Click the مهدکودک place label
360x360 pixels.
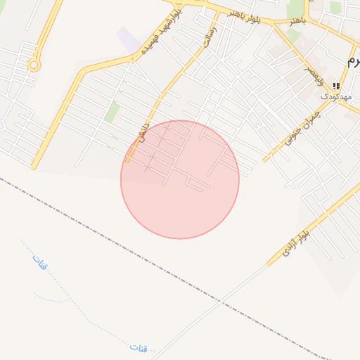coord(335,95)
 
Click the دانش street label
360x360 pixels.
coord(145,132)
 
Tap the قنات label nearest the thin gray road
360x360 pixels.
coord(139,347)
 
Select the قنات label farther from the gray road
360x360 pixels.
coord(38,263)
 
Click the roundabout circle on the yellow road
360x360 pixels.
coord(33,65)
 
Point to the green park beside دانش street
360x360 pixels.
coord(112,111)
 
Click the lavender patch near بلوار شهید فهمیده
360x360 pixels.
coord(128,39)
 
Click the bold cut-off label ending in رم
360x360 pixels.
coord(353,60)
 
